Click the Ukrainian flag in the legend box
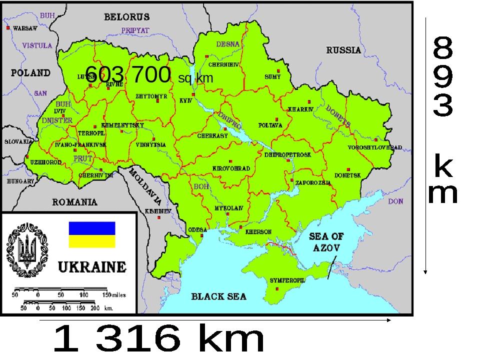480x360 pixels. coord(91,234)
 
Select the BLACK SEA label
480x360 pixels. coord(219,296)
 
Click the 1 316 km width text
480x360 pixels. coord(158,340)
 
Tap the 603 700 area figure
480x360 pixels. coord(128,75)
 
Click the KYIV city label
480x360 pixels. coord(186,100)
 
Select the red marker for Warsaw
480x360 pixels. coord(8,28)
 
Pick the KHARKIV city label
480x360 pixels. coord(300,108)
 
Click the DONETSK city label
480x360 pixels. coord(347,175)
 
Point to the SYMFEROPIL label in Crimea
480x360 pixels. coord(287,280)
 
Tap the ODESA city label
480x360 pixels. coord(197,229)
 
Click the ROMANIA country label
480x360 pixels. coord(75,202)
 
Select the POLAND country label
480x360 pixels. coord(31,73)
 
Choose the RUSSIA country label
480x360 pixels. coord(343,50)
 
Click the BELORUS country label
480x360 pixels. coord(126,16)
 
